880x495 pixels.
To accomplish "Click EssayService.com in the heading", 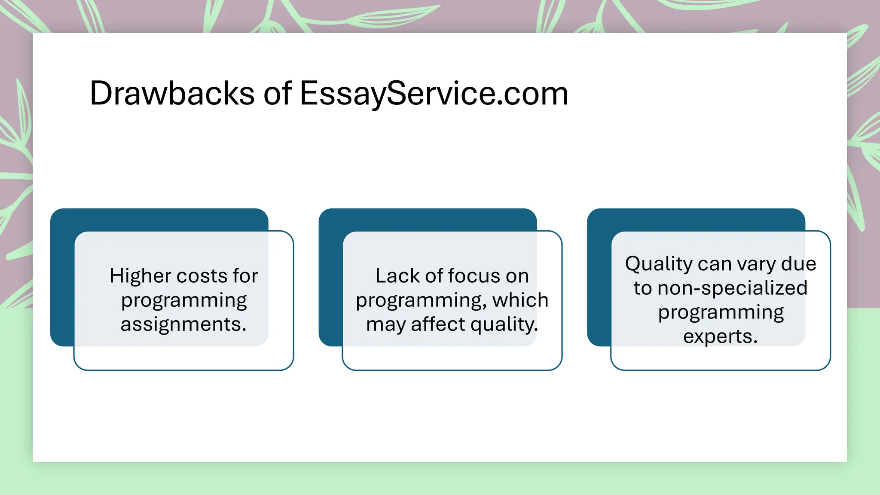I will tap(434, 93).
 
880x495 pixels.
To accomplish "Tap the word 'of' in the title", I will tap(277, 93).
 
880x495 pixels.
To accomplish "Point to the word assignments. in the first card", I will tap(183, 324).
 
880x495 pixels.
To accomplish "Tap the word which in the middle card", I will tap(520, 300).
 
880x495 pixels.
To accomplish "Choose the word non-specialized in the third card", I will tap(733, 288).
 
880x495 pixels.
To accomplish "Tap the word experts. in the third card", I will tap(721, 336).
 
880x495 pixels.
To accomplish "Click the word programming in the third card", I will tap(721, 313).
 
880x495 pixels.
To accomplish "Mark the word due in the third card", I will tap(799, 264).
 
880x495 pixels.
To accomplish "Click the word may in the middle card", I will tap(385, 325).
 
